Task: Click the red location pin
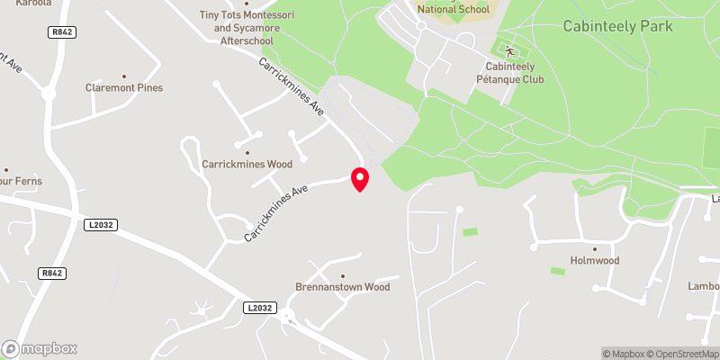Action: pos(360,179)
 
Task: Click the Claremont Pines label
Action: pos(124,88)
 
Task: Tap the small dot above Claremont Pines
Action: pos(124,76)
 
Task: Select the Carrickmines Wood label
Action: pos(247,165)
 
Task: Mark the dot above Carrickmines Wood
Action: pos(247,152)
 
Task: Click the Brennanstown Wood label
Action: pos(343,288)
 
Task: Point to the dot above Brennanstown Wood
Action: pos(343,275)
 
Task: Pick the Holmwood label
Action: pos(594,261)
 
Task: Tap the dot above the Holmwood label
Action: pos(594,248)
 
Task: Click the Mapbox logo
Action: pos(40,348)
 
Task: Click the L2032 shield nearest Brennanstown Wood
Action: pos(256,308)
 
